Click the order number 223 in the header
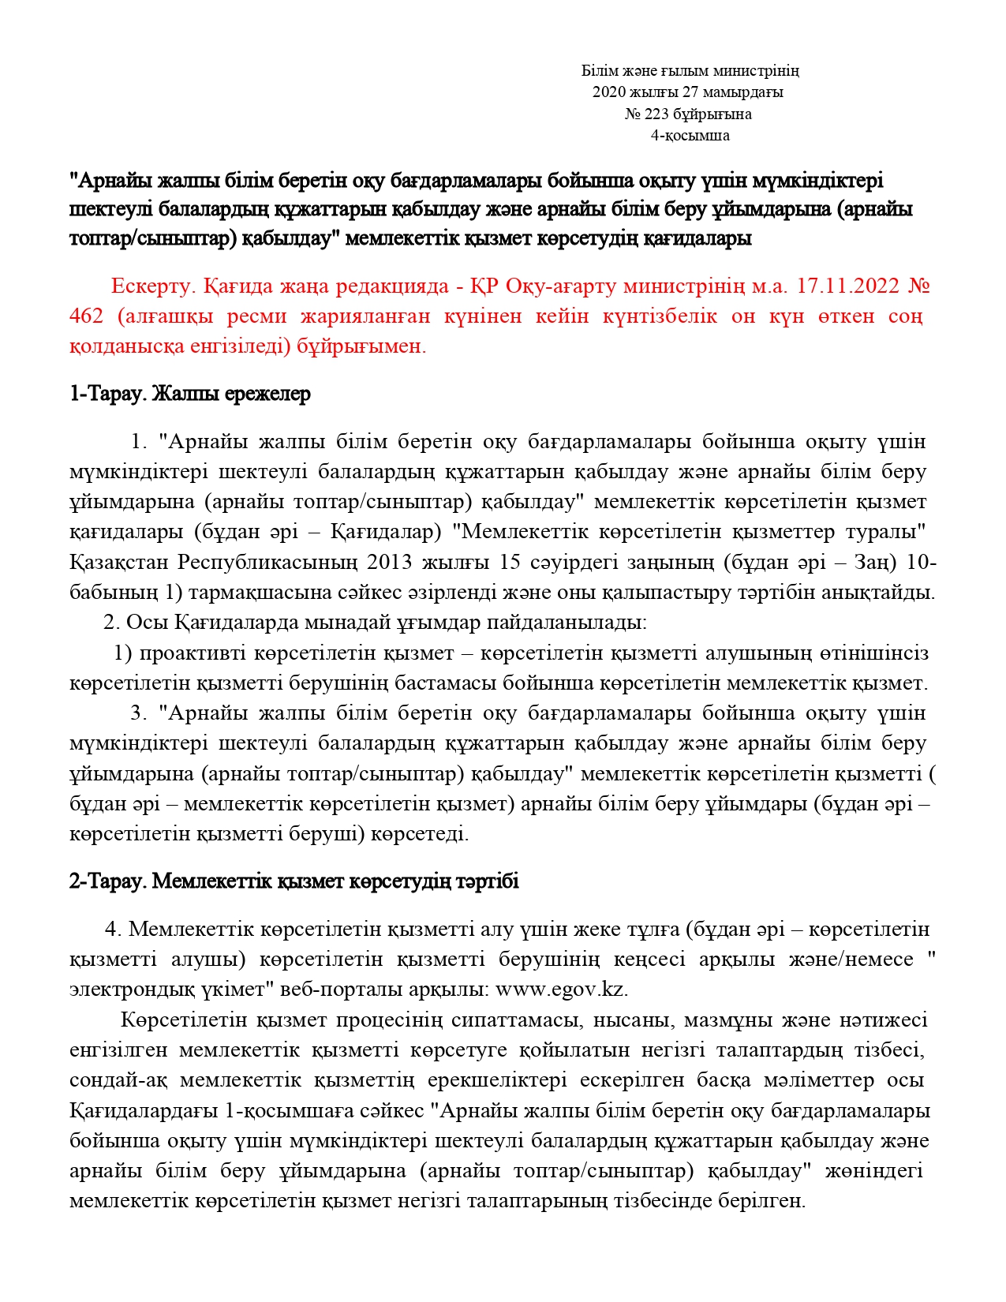click(x=656, y=114)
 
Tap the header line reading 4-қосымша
click(x=690, y=136)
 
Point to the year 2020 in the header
click(x=608, y=92)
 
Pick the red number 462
click(x=86, y=316)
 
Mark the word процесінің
click(x=389, y=1020)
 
